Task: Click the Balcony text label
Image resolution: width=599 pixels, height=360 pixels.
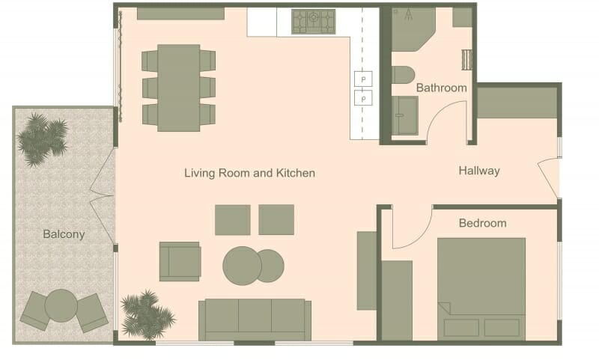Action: click(64, 234)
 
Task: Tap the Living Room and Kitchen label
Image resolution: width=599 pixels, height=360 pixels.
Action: click(249, 173)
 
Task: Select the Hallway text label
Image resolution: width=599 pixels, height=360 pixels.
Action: click(479, 171)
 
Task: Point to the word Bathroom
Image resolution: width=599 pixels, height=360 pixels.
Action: click(442, 88)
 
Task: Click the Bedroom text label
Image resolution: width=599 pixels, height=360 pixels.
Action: click(482, 223)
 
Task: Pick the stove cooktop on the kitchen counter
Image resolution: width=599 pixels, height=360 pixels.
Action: click(314, 21)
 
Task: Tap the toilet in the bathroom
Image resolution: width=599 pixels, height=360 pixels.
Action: click(403, 75)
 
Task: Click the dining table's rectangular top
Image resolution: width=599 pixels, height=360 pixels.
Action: click(178, 88)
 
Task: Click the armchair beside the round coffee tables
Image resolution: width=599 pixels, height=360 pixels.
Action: click(180, 260)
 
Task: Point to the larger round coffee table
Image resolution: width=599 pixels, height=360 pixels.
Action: click(242, 265)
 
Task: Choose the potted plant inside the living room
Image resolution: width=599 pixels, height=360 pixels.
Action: click(146, 314)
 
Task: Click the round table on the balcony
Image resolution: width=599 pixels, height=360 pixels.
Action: click(61, 305)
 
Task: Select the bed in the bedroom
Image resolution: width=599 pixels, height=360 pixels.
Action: click(481, 288)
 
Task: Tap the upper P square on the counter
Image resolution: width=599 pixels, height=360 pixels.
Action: click(364, 78)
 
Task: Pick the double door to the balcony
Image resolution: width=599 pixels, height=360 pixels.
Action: click(103, 195)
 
